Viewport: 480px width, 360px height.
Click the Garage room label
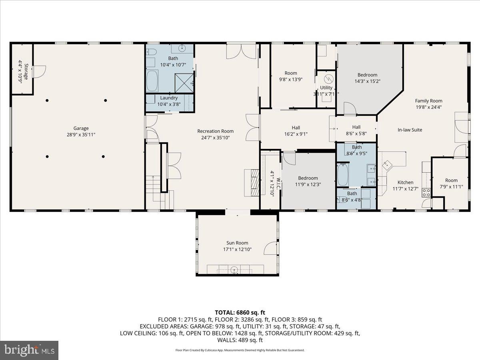81,128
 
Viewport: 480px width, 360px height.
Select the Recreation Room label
215,131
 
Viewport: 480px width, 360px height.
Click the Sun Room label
237,243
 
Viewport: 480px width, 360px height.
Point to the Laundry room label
168,98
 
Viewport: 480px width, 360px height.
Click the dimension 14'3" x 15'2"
367,81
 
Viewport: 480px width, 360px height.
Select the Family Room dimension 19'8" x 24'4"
428,107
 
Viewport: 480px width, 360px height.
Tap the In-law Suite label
410,130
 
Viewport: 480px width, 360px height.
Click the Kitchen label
405,182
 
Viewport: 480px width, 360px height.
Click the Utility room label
326,88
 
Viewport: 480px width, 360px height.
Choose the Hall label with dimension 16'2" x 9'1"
296,128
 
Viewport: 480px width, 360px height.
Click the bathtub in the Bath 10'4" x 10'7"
152,81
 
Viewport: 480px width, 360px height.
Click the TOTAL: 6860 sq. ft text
240,312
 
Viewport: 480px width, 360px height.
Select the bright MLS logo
29,350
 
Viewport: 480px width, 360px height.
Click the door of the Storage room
39,71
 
